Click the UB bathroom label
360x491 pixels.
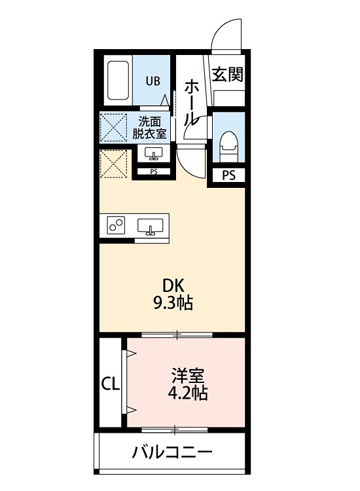click(152, 81)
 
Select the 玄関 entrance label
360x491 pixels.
click(227, 75)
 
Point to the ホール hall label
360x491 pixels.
click(192, 102)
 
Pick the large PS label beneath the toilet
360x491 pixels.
click(228, 175)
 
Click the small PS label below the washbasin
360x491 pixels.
click(154, 172)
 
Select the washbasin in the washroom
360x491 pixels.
click(154, 154)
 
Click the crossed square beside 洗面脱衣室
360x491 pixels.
click(113, 126)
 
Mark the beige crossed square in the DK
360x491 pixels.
click(113, 164)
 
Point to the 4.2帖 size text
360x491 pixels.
click(188, 393)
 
